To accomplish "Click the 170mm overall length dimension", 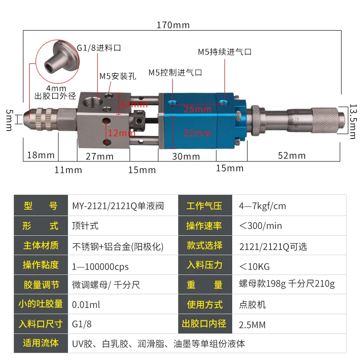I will click(x=173, y=25).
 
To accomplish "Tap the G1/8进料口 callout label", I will click(x=99, y=47).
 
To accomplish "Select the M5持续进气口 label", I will click(x=225, y=52).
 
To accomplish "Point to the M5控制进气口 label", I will click(x=175, y=72).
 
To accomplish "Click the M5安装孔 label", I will click(x=114, y=76).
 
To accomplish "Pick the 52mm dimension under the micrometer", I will click(x=292, y=156).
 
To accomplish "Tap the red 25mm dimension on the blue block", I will click(x=197, y=109).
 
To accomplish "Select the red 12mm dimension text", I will click(x=121, y=133).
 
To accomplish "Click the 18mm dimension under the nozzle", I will click(x=40, y=155).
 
